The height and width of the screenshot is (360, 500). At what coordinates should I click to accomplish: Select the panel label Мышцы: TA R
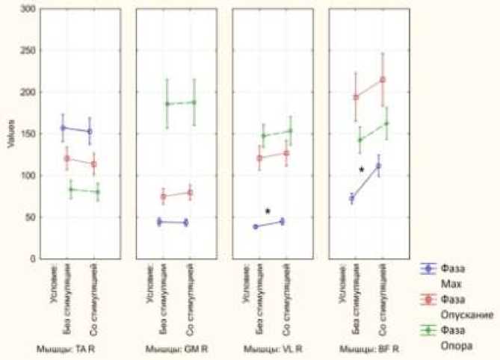tap(72, 349)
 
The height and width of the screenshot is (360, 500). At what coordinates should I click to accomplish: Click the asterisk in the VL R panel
tap(268, 212)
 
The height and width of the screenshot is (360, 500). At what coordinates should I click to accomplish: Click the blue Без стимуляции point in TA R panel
tap(63, 128)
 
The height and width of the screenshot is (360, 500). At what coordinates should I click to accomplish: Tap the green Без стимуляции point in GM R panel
tap(166, 104)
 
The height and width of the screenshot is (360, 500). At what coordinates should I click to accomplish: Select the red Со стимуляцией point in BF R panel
tap(383, 79)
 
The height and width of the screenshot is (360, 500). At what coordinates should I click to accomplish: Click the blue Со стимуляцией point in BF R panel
tap(378, 166)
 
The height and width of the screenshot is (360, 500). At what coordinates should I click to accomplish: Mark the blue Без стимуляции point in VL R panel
tap(256, 226)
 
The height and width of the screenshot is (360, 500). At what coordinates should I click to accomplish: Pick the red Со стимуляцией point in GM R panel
tap(190, 193)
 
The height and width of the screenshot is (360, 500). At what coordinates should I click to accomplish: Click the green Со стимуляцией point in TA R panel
tap(97, 192)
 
